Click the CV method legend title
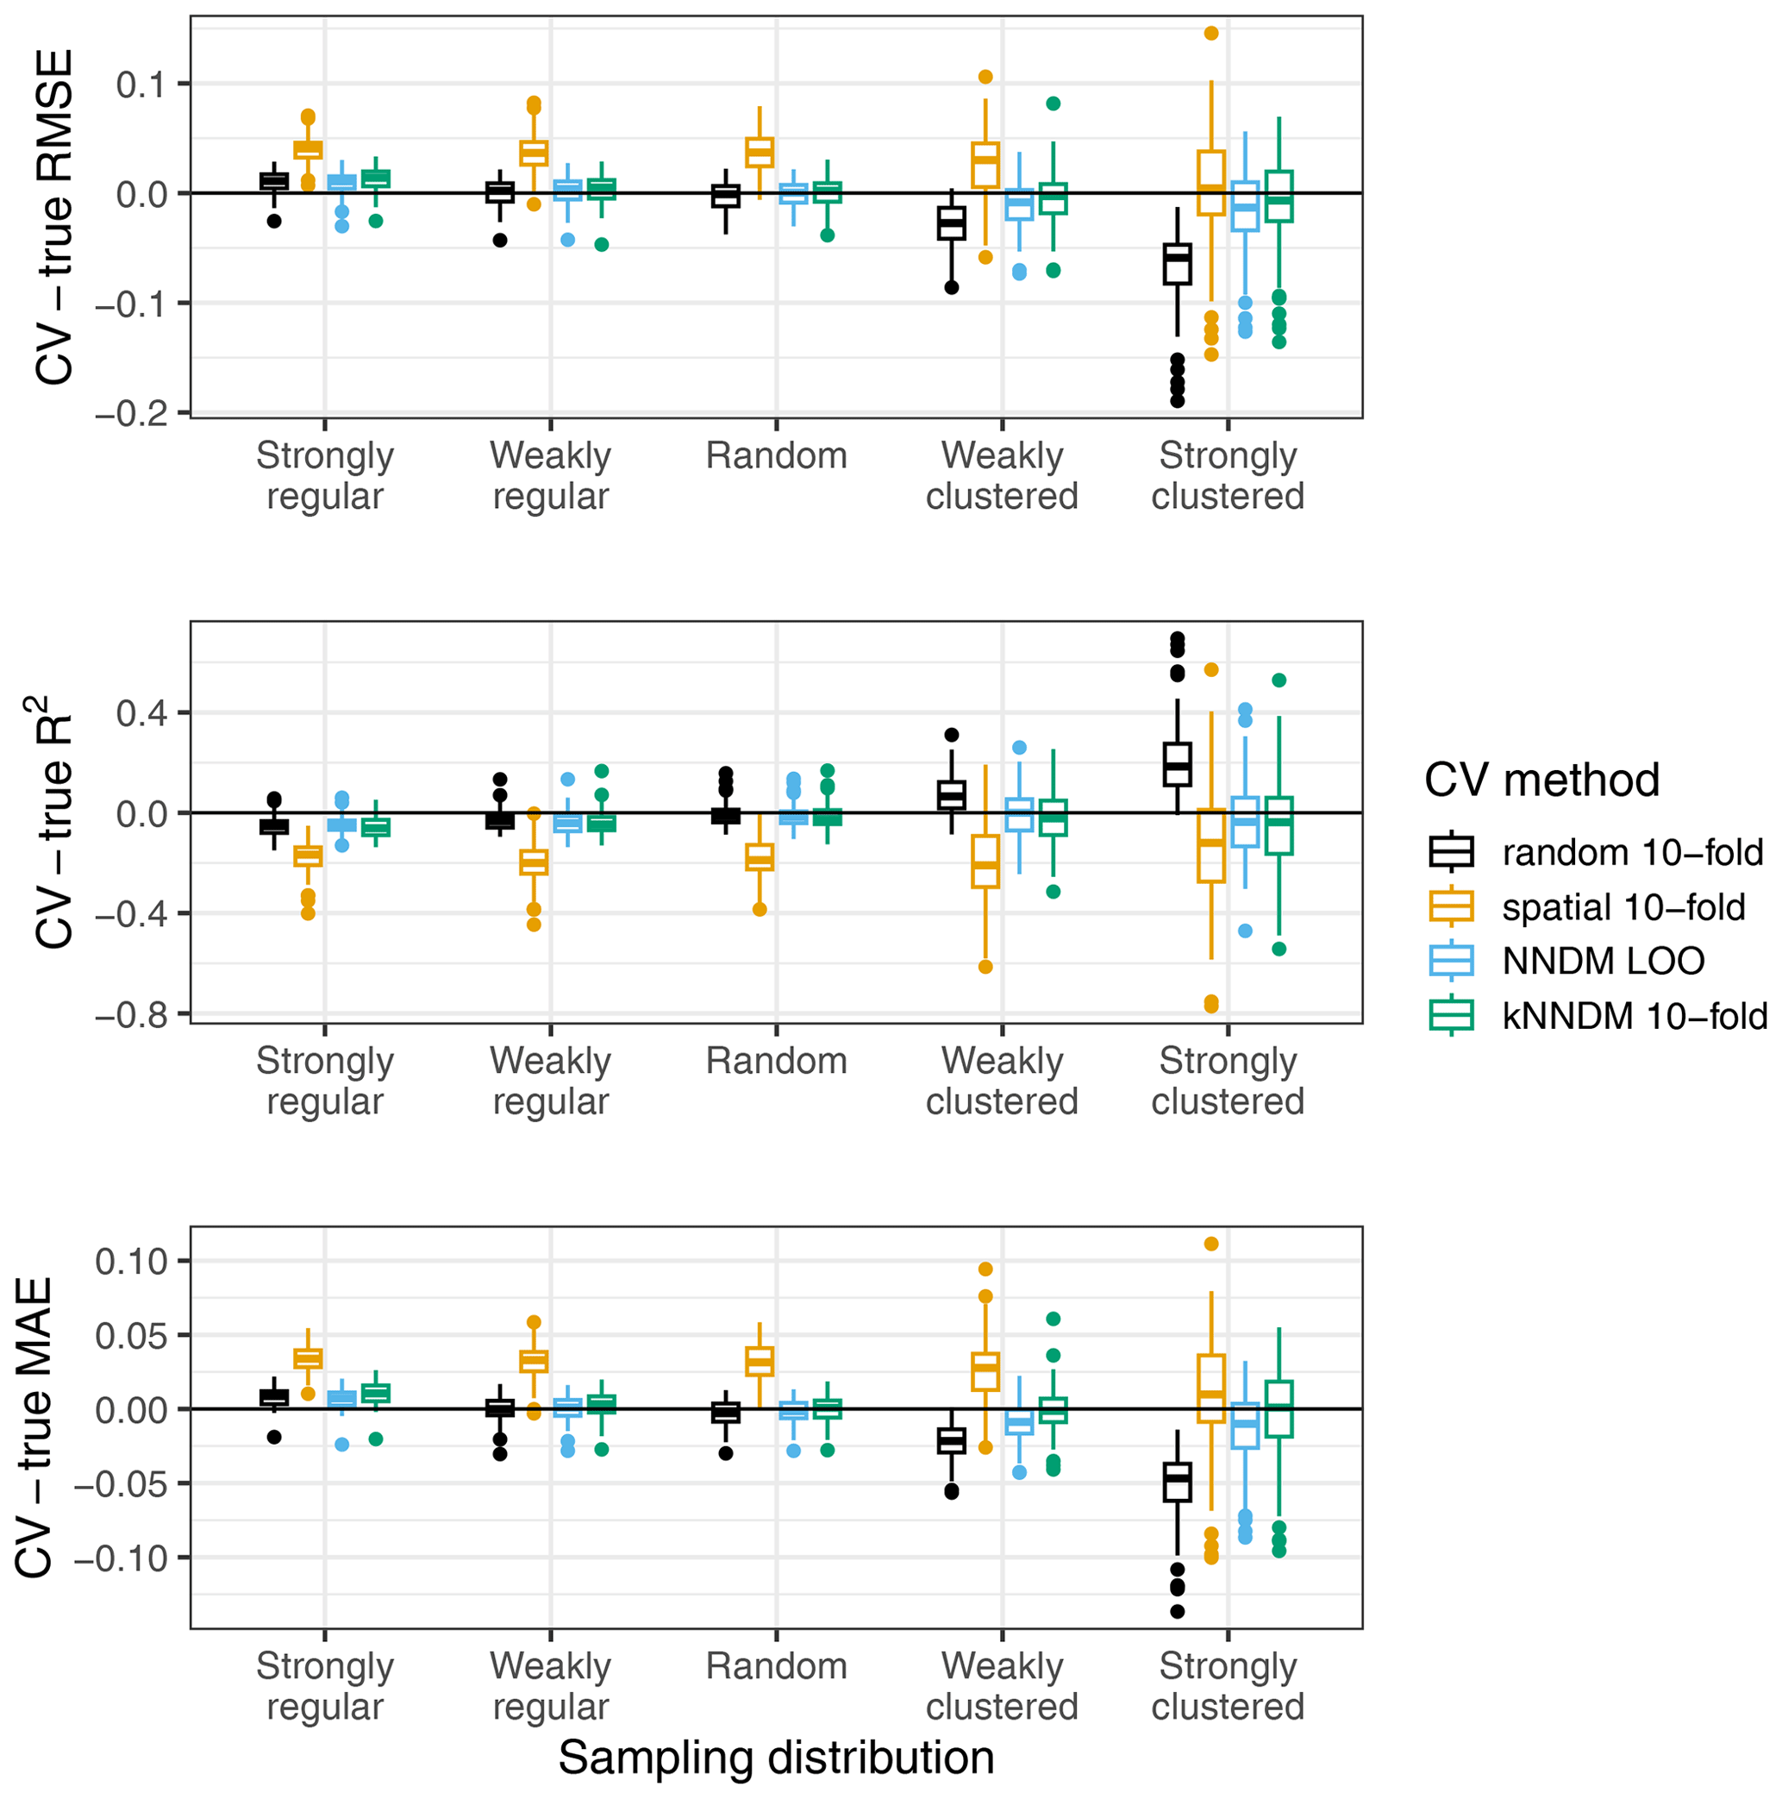tap(1541, 780)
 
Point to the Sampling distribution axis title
tap(776, 1758)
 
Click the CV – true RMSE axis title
tap(54, 217)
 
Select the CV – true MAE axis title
tap(35, 1427)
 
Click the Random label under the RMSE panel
tap(776, 456)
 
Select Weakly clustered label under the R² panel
tap(1002, 1081)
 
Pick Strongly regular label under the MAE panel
tap(324, 1686)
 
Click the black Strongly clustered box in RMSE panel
tap(1177, 265)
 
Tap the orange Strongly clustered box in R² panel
tap(1210, 845)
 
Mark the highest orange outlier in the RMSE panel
tap(1211, 34)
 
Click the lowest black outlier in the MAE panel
tap(1177, 1612)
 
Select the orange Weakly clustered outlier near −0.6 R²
tap(985, 967)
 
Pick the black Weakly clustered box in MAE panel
tap(951, 1441)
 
